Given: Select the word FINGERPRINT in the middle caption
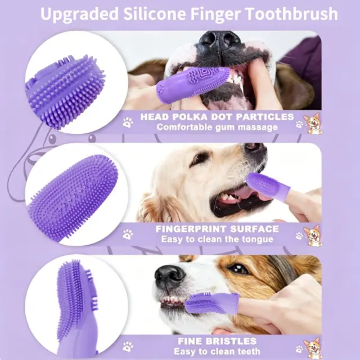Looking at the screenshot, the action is (191, 229).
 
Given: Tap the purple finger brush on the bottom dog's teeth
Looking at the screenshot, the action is (211, 303).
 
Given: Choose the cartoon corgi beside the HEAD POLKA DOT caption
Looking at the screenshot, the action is (312, 123).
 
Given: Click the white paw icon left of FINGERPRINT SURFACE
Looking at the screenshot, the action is (128, 235).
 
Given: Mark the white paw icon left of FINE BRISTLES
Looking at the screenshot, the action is (128, 346).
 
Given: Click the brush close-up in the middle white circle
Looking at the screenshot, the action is (73, 198).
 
